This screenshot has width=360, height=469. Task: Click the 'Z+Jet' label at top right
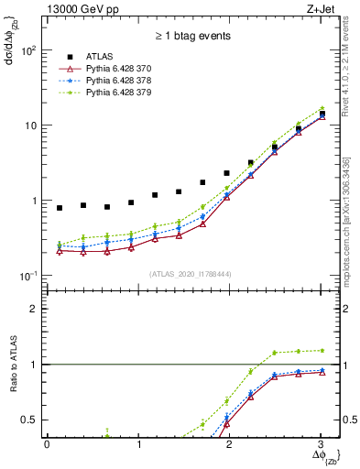click(x=321, y=9)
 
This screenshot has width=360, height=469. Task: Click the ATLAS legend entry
click(x=101, y=57)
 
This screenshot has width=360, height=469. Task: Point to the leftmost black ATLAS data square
click(x=60, y=208)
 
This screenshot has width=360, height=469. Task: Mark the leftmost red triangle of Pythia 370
click(x=60, y=250)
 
